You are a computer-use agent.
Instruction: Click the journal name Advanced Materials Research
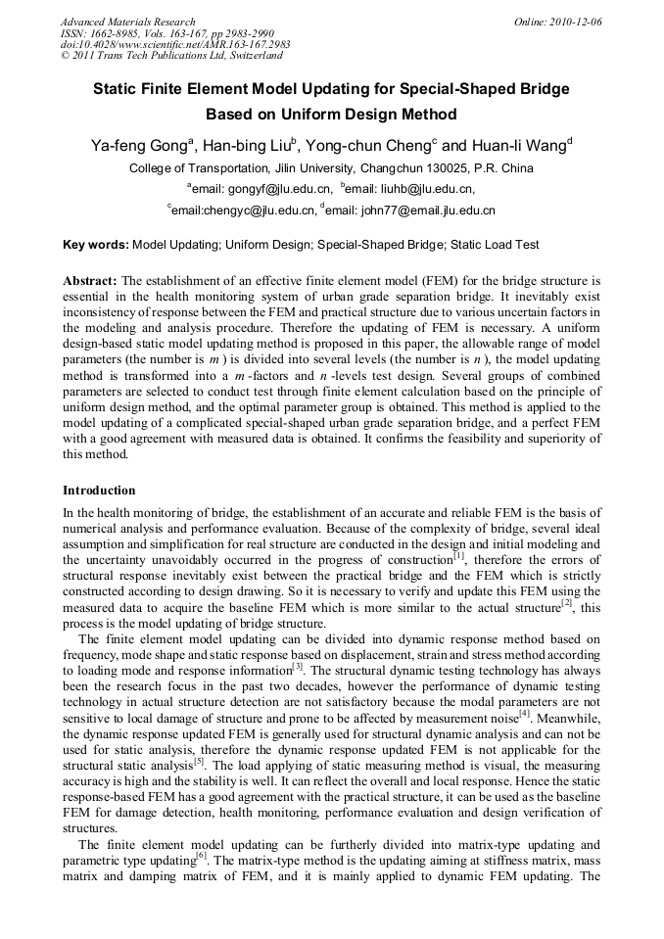127,22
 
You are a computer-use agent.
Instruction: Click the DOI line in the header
175,45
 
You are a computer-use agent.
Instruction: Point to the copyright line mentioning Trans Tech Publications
171,57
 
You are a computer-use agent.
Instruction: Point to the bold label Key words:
95,245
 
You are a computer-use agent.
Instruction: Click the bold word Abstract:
90,279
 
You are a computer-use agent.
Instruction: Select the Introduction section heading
99,490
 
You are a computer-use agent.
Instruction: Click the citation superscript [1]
458,555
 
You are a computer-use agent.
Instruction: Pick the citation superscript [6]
200,854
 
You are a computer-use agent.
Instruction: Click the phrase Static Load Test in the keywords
495,245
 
